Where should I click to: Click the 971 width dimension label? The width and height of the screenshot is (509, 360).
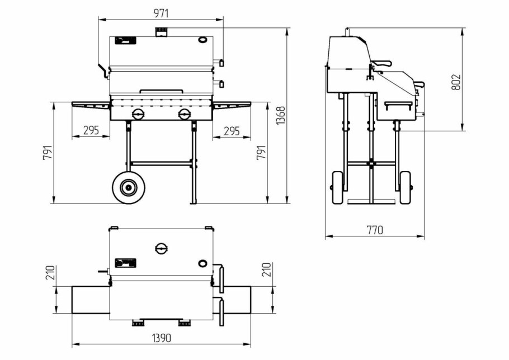[x=161, y=13]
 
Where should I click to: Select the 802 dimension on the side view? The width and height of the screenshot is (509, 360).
[x=456, y=82]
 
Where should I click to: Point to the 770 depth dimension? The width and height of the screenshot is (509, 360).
[x=375, y=230]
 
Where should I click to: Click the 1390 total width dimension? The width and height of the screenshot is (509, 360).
[x=161, y=338]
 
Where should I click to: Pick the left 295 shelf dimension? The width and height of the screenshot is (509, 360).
[x=91, y=130]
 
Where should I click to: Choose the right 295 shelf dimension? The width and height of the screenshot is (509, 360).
[x=232, y=131]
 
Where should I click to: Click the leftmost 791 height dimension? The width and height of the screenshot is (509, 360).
[x=48, y=153]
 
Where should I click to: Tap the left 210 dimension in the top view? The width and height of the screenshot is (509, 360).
[x=50, y=273]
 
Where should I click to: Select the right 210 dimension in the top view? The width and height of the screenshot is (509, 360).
[x=266, y=270]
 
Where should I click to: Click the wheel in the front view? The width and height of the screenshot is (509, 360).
[x=129, y=187]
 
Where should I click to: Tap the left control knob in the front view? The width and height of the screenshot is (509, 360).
[x=139, y=114]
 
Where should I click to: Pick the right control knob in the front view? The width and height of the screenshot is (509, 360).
[x=185, y=114]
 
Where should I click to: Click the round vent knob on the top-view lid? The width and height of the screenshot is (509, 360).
[x=162, y=249]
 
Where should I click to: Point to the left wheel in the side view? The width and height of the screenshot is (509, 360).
[x=338, y=187]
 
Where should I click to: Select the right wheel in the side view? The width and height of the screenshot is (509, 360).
[x=406, y=187]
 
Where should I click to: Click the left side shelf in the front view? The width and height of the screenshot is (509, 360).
[x=91, y=104]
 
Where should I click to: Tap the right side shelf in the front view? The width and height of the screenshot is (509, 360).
[x=232, y=104]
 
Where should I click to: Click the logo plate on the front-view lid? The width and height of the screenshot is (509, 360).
[x=126, y=41]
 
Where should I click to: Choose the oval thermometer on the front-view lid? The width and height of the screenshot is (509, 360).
[x=202, y=40]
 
